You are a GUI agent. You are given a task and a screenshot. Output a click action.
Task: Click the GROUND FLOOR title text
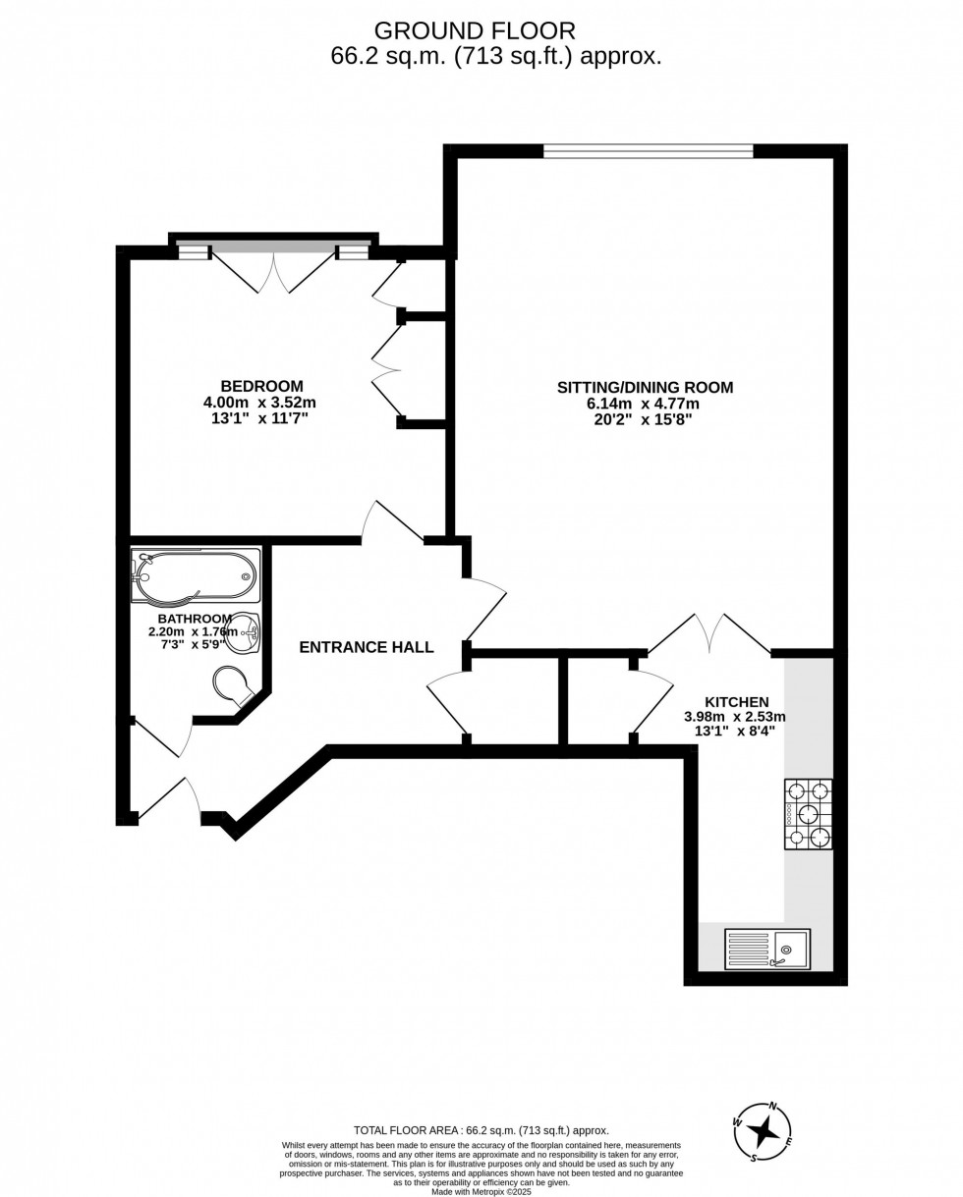click(475, 31)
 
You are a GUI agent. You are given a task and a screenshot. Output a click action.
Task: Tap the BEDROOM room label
click(261, 386)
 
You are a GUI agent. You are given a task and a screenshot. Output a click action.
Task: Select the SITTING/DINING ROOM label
click(645, 387)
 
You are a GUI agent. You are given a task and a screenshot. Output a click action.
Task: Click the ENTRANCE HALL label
click(367, 647)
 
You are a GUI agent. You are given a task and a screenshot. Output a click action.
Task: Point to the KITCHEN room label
click(736, 702)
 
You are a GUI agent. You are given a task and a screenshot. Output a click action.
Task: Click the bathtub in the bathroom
click(197, 574)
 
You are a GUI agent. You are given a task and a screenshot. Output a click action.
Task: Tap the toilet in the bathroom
click(232, 684)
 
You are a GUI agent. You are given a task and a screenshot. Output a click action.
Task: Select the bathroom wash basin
click(243, 634)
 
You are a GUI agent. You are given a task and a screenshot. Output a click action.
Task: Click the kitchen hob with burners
click(808, 814)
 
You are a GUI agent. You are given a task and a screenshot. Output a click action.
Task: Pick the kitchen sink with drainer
click(767, 950)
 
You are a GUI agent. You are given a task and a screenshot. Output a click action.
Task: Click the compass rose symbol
click(763, 1132)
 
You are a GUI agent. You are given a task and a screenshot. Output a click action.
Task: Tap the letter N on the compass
click(773, 1106)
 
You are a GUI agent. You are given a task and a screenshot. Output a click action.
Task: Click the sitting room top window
click(648, 151)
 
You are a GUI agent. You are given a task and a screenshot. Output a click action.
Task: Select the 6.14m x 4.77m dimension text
click(643, 404)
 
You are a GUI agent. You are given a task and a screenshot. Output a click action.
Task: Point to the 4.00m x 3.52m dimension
click(259, 402)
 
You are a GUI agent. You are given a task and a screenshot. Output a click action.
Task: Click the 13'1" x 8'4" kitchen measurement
click(734, 731)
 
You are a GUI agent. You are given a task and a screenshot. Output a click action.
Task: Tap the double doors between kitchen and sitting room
click(708, 636)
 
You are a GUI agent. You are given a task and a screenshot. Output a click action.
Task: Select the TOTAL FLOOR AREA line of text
click(481, 1130)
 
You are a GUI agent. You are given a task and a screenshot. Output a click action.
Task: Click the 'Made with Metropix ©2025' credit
click(481, 1191)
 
